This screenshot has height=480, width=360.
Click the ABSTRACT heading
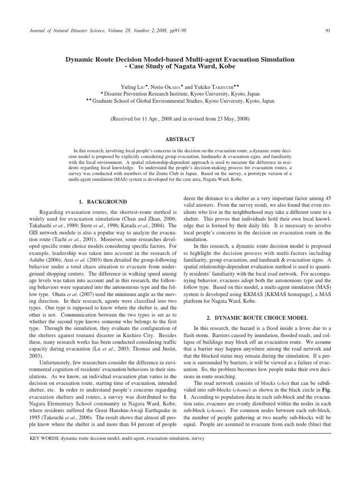[x=180, y=139]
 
